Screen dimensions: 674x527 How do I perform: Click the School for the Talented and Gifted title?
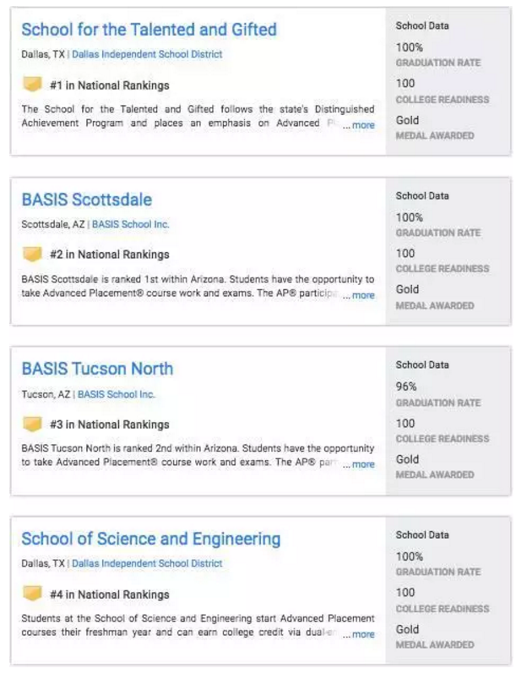(x=149, y=30)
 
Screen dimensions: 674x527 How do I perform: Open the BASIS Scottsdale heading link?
(x=87, y=200)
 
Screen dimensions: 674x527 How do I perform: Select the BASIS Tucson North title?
(x=97, y=369)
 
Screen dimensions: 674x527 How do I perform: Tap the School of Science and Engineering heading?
(x=150, y=539)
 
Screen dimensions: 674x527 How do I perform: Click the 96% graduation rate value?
(x=406, y=386)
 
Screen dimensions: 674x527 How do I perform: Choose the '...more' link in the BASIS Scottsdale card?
(x=359, y=295)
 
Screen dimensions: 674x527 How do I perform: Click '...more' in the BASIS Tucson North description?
(x=359, y=464)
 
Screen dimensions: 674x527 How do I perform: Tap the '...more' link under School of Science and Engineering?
(x=359, y=634)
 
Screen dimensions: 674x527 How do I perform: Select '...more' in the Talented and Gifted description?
(x=359, y=125)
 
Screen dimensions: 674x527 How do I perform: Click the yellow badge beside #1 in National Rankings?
(x=32, y=85)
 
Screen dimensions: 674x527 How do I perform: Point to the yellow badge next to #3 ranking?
(x=32, y=424)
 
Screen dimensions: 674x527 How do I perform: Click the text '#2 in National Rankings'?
(x=109, y=255)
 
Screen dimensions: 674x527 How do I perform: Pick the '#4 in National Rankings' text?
(x=109, y=594)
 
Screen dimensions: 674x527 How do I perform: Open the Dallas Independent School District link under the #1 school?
(x=147, y=54)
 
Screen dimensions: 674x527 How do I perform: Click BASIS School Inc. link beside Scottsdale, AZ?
(x=130, y=224)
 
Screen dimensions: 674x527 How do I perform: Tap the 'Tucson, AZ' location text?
(x=46, y=394)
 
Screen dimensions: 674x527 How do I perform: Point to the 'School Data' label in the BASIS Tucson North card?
(x=422, y=365)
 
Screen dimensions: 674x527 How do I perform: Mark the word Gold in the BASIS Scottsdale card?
(x=407, y=289)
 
